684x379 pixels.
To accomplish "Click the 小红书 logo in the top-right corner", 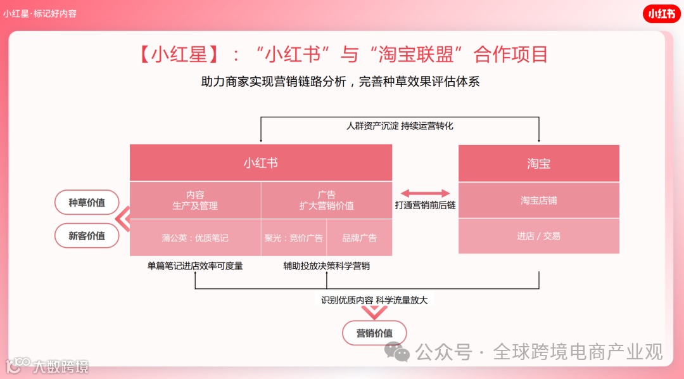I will click(x=661, y=14).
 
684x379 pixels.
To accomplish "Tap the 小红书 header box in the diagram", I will click(x=260, y=163).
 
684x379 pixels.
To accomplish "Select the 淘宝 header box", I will click(x=538, y=164).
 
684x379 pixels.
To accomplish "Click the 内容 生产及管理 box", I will click(x=195, y=200).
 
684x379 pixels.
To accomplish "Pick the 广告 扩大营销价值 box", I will click(x=326, y=200).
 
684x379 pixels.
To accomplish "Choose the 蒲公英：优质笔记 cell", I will click(x=195, y=238).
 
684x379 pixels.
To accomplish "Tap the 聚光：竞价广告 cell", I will click(x=294, y=238).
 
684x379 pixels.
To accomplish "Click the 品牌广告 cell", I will click(x=359, y=238).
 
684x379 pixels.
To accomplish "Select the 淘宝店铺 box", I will click(x=538, y=200).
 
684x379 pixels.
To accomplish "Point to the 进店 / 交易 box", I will click(x=538, y=236).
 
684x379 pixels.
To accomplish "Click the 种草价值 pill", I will click(x=87, y=203).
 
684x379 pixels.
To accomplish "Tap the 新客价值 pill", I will click(x=87, y=236).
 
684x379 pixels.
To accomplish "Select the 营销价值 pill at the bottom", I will click(x=374, y=333).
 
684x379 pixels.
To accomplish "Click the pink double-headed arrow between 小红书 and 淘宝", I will click(x=425, y=193).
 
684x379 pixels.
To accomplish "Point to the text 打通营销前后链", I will click(x=425, y=205).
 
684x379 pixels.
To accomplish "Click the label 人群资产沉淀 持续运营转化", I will click(x=400, y=125).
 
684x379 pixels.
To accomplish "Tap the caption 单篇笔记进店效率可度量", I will click(x=195, y=266).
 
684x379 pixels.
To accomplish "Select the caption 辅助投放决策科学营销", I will click(x=326, y=266).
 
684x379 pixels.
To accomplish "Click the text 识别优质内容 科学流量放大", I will click(x=374, y=300).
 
